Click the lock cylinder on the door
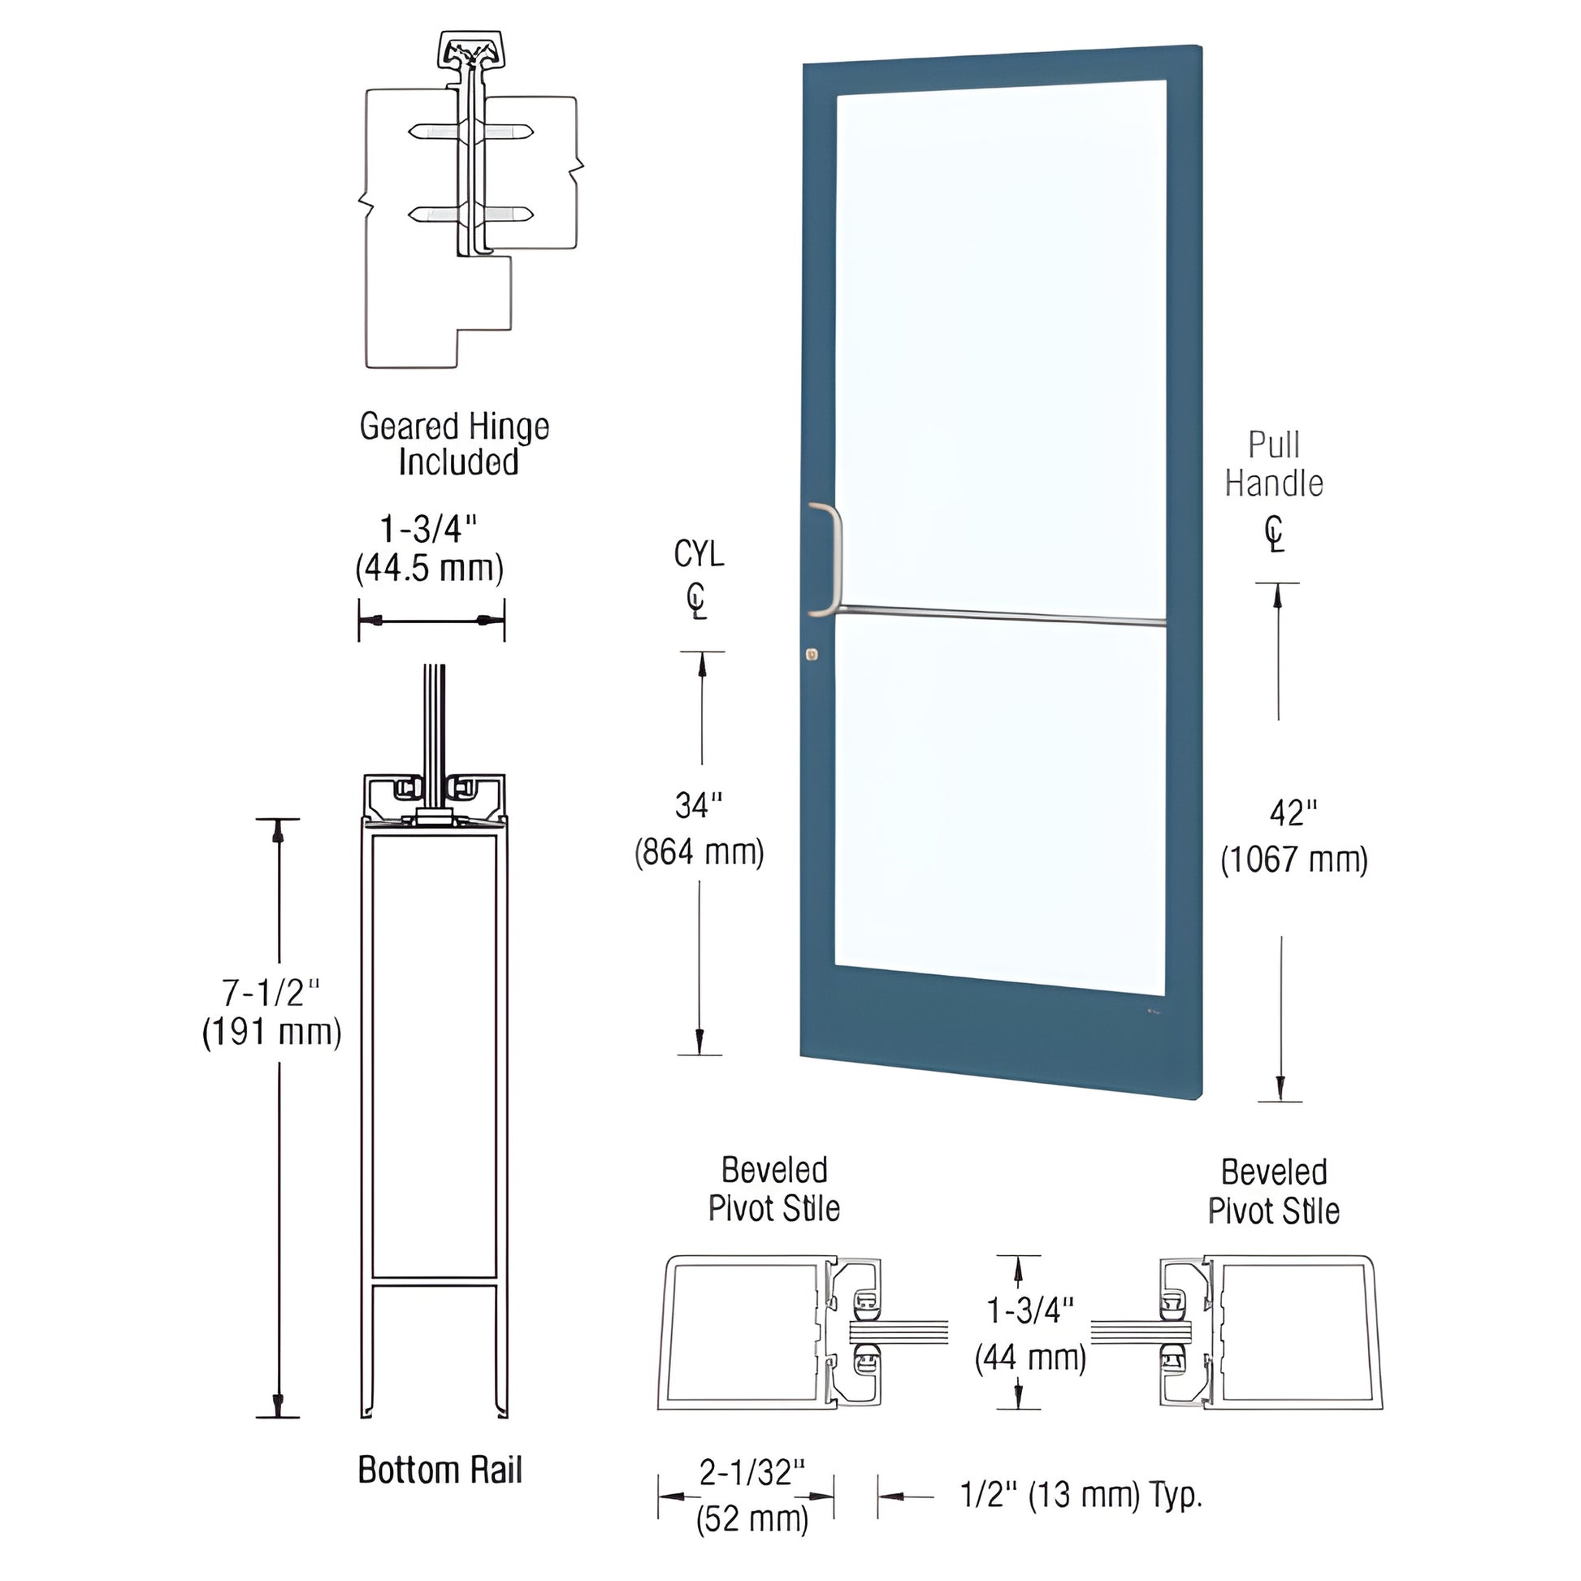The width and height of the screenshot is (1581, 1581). pos(811,654)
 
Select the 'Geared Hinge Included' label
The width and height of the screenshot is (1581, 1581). pos(455,444)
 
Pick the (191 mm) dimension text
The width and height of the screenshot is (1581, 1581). pos(271,1032)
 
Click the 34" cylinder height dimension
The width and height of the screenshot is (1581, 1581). pos(698,806)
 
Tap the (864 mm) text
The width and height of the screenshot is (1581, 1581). pos(700,852)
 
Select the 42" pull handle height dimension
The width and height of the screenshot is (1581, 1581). pos(1293,812)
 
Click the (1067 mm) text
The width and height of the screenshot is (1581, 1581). pos(1293,860)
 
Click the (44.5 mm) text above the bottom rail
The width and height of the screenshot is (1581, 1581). pos(430,567)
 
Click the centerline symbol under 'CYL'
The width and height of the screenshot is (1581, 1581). pos(696,601)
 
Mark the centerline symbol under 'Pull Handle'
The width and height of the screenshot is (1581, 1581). pos(1274,535)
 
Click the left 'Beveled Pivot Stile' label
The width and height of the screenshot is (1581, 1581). pos(774,1189)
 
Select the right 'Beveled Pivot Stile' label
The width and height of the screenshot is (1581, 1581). pos(1273,1192)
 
